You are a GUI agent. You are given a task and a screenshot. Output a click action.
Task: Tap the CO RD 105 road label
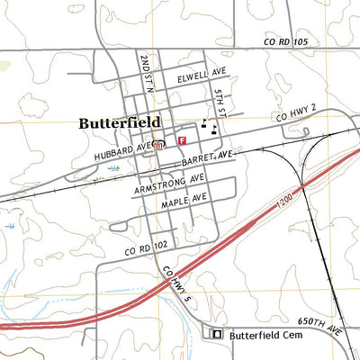pyautogui.click(x=286, y=42)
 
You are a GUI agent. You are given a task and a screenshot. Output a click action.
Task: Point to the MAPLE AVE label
pyautogui.click(x=184, y=199)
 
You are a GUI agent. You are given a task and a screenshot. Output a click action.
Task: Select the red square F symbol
pyautogui.click(x=183, y=141)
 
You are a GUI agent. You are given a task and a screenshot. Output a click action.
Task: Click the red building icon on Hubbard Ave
pyautogui.click(x=158, y=145)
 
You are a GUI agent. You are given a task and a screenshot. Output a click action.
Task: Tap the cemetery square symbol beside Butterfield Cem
pyautogui.click(x=216, y=334)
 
